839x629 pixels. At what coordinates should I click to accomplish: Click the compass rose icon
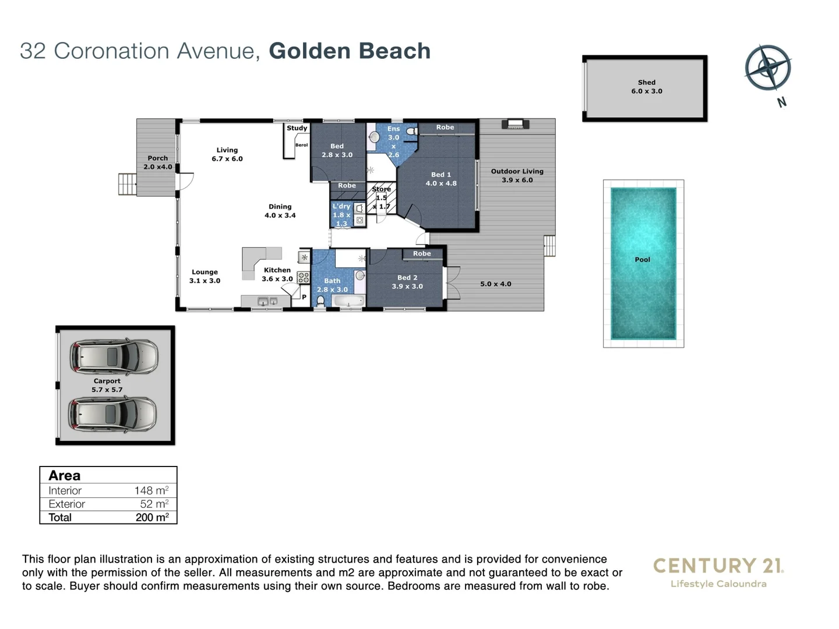[768, 68]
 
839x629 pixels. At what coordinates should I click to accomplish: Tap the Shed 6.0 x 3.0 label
[646, 87]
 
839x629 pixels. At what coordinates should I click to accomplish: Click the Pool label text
[642, 260]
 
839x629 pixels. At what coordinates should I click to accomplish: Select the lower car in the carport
[112, 414]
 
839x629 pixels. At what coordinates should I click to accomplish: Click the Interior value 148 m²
[151, 490]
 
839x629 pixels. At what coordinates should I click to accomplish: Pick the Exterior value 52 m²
[154, 504]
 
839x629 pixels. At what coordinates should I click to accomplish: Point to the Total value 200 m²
[151, 517]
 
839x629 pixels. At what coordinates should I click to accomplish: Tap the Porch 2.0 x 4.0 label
[157, 162]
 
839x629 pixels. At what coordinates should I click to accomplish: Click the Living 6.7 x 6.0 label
[227, 154]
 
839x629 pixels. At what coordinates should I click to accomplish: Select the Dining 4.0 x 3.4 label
[280, 211]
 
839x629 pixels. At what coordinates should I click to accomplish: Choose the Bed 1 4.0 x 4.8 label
[440, 179]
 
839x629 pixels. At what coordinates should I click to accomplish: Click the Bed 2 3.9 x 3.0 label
[407, 282]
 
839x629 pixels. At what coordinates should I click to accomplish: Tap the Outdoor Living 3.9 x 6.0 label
[517, 175]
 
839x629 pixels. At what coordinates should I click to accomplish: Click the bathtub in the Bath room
[348, 301]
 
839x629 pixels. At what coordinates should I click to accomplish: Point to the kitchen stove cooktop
[304, 277]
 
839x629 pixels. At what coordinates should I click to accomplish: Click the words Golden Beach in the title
[350, 51]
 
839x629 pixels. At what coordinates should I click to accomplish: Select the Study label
[297, 128]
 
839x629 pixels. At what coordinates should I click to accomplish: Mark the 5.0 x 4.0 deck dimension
[495, 284]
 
